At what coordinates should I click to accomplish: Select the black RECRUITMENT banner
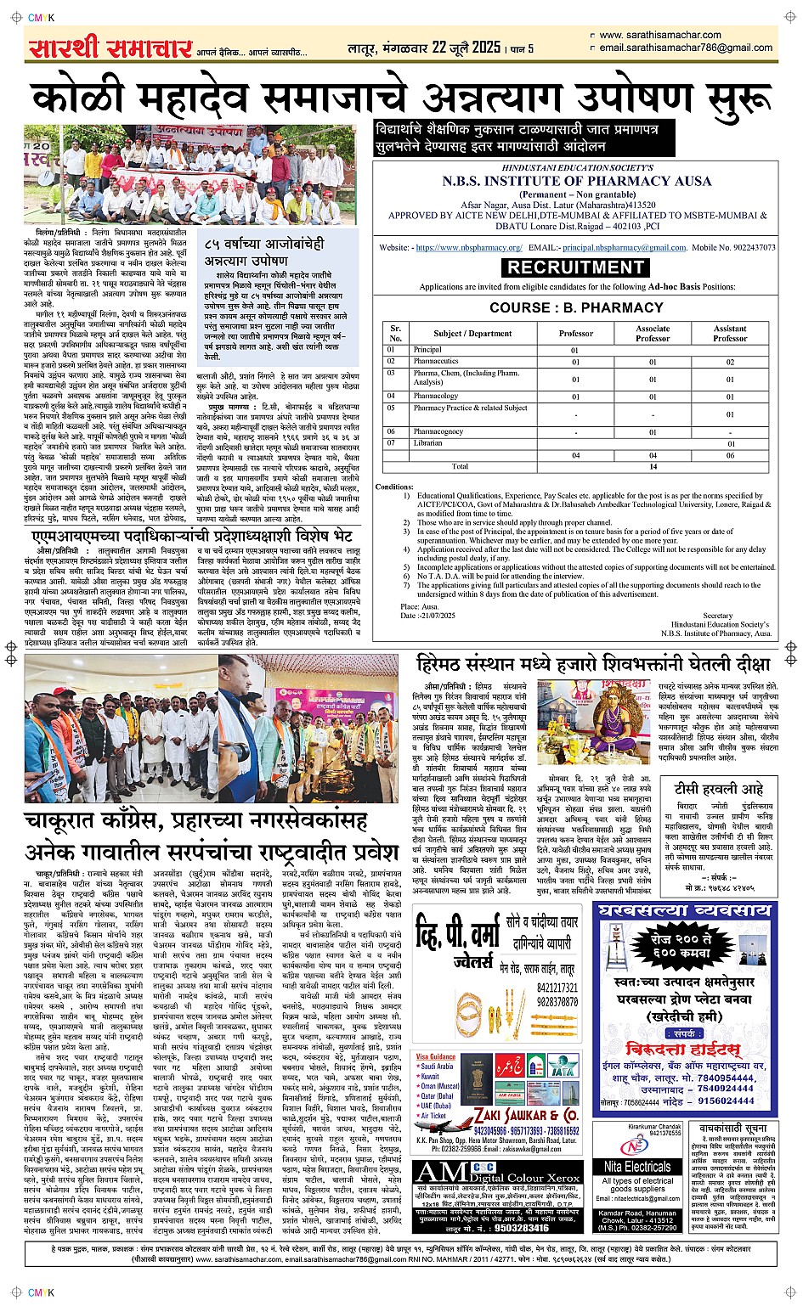click(x=576, y=267)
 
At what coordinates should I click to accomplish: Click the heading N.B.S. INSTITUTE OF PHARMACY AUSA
click(x=576, y=181)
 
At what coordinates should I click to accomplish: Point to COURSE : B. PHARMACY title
click(x=576, y=307)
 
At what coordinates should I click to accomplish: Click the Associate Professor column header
click(x=653, y=333)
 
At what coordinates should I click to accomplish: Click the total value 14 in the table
click(x=653, y=466)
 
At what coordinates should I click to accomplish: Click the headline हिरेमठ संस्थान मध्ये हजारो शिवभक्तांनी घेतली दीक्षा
click(x=593, y=663)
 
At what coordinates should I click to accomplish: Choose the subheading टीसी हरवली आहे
click(x=719, y=788)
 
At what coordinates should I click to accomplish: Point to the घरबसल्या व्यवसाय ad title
click(x=685, y=910)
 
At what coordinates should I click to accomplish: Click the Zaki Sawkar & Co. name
click(x=526, y=1115)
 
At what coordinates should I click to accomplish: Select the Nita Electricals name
click(x=636, y=1167)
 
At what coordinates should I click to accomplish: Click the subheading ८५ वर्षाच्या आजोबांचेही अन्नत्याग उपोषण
click(x=263, y=252)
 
